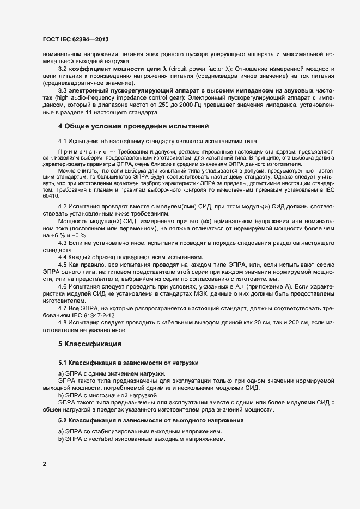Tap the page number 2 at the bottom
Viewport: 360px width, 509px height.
(x=44, y=464)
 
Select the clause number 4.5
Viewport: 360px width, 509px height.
(x=63, y=264)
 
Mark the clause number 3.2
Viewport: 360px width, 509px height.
(x=63, y=70)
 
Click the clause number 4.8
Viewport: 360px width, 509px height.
(x=63, y=323)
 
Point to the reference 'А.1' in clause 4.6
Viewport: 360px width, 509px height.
(x=216, y=286)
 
